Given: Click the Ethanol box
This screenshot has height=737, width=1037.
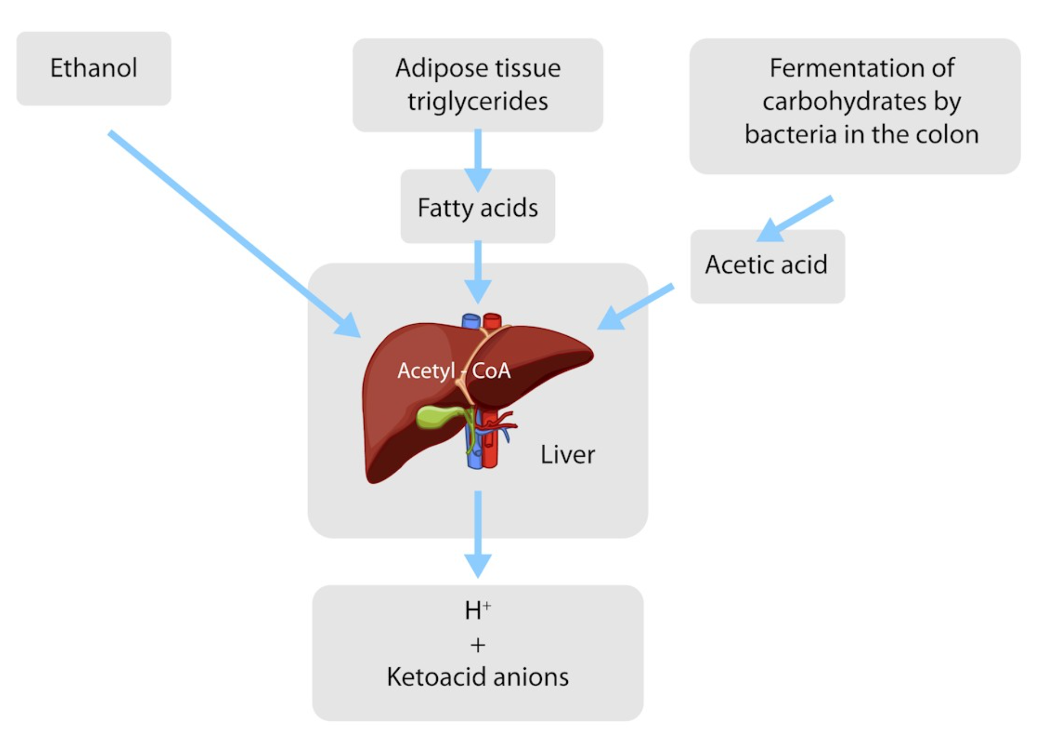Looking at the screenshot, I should tap(94, 68).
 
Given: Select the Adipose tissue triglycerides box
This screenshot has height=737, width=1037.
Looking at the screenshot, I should tap(477, 85).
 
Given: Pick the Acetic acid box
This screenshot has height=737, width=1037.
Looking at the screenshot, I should tap(767, 265).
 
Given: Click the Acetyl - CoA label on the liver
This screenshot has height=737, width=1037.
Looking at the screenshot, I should tap(454, 371).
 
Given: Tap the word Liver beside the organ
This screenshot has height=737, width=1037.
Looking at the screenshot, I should tap(567, 454).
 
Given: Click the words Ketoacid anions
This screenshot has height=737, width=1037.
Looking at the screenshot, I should tap(477, 677).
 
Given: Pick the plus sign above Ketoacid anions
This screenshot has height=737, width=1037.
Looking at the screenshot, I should tap(477, 645).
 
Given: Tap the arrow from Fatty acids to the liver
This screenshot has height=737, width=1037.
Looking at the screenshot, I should tap(478, 271).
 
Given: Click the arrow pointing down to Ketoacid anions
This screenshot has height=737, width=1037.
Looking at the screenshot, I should tap(478, 534).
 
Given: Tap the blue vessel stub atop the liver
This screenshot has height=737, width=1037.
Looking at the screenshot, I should tap(471, 321).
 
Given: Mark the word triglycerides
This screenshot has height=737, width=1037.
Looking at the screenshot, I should tap(477, 101).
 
